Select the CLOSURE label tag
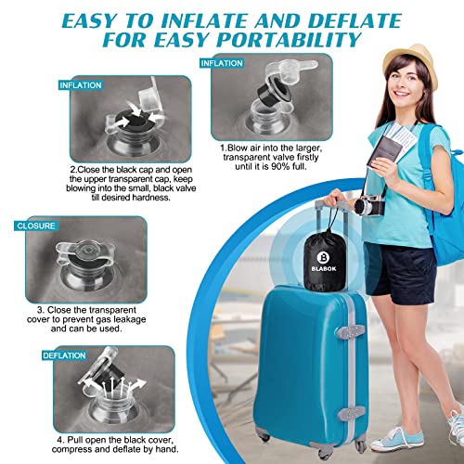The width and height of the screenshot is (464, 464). tap(33, 226)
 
